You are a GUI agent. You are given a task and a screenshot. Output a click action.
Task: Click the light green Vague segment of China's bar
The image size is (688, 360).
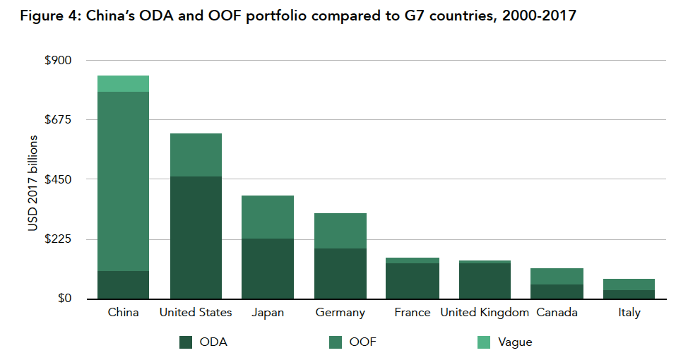[123, 83]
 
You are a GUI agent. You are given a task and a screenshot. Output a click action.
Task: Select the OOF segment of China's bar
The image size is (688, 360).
[123, 181]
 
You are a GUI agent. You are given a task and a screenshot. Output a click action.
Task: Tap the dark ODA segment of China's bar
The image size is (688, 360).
[123, 284]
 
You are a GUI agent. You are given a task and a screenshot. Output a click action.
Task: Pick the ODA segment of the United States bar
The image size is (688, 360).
[196, 237]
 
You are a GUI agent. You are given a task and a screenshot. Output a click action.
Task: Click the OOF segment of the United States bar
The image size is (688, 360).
[196, 155]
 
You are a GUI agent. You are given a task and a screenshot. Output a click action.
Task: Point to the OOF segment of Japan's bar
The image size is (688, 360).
[268, 217]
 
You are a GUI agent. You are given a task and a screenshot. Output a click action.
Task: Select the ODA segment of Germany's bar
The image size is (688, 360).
[340, 273]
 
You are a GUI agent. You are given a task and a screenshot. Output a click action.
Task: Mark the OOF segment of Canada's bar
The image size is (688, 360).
[557, 276]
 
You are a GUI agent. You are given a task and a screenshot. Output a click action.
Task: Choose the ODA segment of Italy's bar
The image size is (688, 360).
[629, 294]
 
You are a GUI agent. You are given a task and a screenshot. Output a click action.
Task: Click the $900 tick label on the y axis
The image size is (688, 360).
[58, 60]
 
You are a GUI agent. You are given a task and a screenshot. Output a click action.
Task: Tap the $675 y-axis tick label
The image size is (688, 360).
[58, 119]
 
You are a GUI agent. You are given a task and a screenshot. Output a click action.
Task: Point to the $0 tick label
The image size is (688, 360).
[64, 298]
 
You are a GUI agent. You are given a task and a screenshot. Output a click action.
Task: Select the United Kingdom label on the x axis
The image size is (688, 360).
[485, 312]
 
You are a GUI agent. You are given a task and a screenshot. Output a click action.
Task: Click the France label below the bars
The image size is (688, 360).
[413, 312]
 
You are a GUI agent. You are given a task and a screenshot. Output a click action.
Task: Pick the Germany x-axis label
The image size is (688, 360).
[340, 312]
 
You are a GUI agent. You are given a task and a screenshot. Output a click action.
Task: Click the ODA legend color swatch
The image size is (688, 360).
[186, 342]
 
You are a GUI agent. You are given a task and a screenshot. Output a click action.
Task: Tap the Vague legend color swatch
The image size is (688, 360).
[485, 342]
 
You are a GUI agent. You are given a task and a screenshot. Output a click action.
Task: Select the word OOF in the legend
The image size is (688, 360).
[363, 342]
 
